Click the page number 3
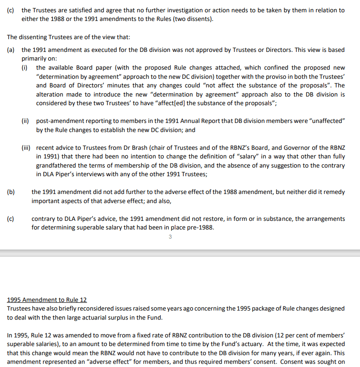pyautogui.click(x=170, y=237)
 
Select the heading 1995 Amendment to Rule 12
pyautogui.click(x=47, y=300)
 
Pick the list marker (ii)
pyautogui.click(x=26, y=120)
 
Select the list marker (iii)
pyautogui.click(x=27, y=148)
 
